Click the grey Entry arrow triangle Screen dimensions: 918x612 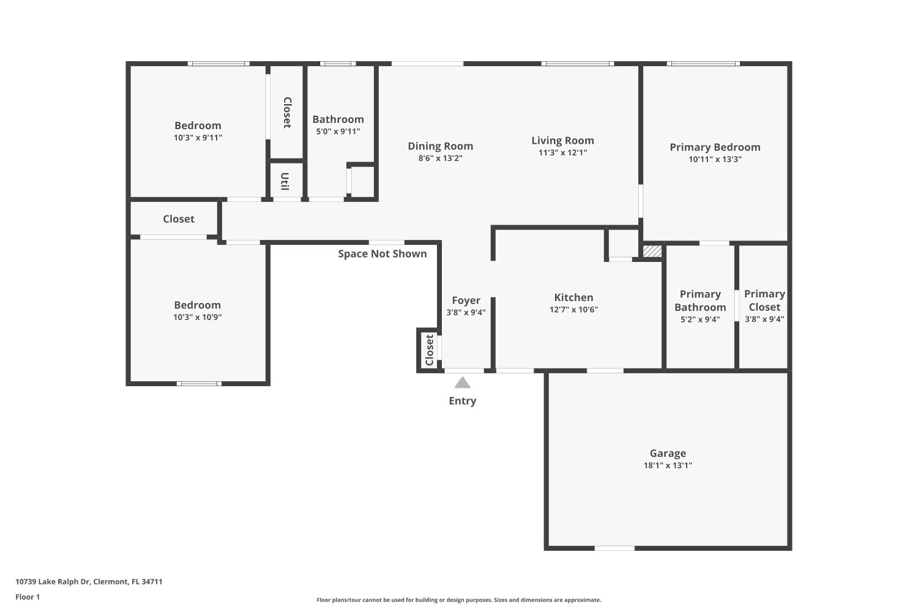tap(462, 383)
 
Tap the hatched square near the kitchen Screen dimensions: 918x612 tap(652, 252)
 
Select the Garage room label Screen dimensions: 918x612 tap(668, 453)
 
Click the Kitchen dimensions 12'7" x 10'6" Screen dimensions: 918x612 tap(573, 310)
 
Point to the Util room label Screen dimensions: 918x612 tap(285, 181)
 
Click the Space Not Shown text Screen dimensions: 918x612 tap(382, 254)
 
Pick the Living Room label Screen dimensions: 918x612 tap(562, 141)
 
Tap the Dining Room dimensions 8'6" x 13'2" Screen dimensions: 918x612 tap(440, 159)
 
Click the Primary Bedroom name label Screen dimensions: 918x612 tap(715, 147)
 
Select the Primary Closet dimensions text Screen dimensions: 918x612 tap(764, 319)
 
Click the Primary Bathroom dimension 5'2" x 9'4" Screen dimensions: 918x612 tap(700, 319)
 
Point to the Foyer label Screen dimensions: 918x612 tap(466, 301)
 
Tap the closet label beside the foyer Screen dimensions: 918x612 tap(430, 350)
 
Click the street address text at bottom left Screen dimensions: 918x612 tap(89, 581)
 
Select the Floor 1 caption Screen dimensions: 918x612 tap(28, 597)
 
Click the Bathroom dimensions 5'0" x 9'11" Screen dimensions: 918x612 tap(338, 132)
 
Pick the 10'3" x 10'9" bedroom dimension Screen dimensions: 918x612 tap(197, 317)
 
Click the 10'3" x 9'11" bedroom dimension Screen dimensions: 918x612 tap(198, 138)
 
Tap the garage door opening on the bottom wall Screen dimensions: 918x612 tap(614, 548)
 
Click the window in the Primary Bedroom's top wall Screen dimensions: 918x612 tap(703, 64)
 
